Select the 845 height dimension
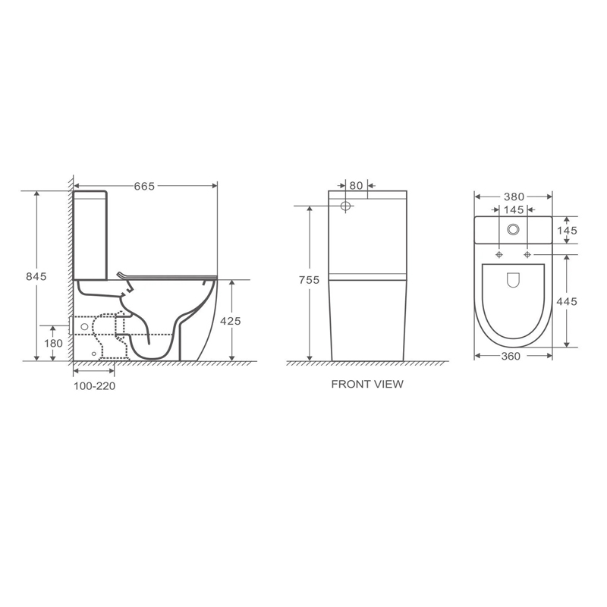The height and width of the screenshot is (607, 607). [35, 276]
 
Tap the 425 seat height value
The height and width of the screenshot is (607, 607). [230, 321]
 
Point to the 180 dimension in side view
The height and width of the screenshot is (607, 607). [52, 343]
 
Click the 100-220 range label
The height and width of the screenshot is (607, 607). [94, 385]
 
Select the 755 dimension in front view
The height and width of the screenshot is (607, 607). [309, 280]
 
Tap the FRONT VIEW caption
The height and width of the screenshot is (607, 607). [367, 384]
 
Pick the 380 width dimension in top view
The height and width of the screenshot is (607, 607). [513, 195]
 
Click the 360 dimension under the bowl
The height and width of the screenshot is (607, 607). [511, 356]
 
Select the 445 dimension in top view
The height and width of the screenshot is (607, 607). [567, 301]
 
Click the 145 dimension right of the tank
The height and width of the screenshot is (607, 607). [567, 230]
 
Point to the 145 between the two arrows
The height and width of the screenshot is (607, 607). [513, 209]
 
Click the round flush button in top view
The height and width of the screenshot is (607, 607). [514, 229]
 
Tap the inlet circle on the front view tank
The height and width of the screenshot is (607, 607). [346, 206]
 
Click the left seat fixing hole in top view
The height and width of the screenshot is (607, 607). [499, 254]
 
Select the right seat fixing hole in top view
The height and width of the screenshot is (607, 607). [527, 254]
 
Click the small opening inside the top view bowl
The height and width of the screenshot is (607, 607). [513, 281]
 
